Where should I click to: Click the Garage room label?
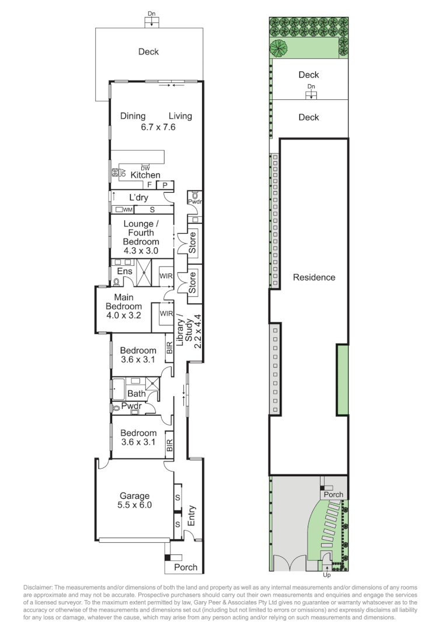pyautogui.click(x=134, y=496)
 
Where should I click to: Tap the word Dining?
pyautogui.click(x=133, y=116)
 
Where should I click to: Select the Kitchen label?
pyautogui.click(x=145, y=175)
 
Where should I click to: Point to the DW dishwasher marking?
pyautogui.click(x=145, y=168)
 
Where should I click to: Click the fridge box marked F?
pyautogui.click(x=149, y=185)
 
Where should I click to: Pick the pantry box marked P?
pyautogui.click(x=165, y=185)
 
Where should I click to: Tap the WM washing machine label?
pyautogui.click(x=127, y=209)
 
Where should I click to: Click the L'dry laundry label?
pyautogui.click(x=138, y=197)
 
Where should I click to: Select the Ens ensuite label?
pyautogui.click(x=125, y=271)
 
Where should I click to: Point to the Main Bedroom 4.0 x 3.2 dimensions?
pyautogui.click(x=123, y=315)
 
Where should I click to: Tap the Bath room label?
pyautogui.click(x=136, y=394)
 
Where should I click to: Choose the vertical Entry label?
pyautogui.click(x=192, y=515)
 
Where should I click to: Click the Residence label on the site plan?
pyautogui.click(x=314, y=278)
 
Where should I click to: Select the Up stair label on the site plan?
pyautogui.click(x=326, y=566)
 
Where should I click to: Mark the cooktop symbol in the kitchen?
pyautogui.click(x=115, y=173)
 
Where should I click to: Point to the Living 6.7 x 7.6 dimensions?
pyautogui.click(x=158, y=126)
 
